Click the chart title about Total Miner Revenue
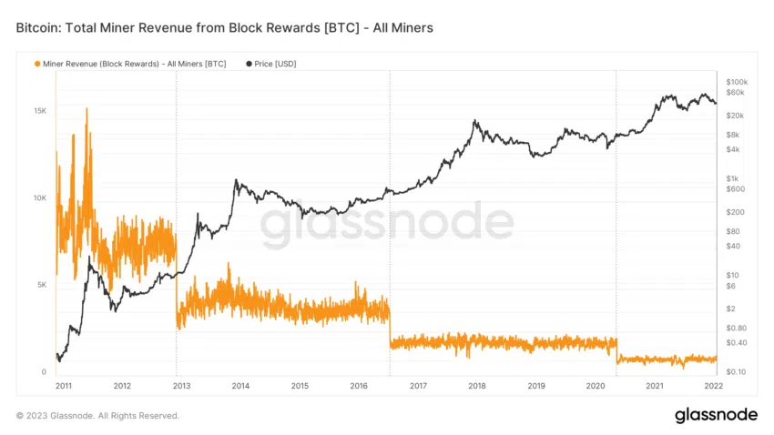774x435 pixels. [224, 28]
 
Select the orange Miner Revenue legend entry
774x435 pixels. [130, 64]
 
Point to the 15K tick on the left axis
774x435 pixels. [40, 111]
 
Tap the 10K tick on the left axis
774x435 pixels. [40, 198]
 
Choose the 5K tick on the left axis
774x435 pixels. [42, 285]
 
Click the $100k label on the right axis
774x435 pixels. [738, 82]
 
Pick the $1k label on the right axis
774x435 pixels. [734, 178]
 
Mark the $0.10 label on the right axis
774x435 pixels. [736, 372]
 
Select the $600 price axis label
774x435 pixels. [736, 189]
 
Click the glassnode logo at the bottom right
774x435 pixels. [716, 415]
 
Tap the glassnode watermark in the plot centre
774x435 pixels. [387, 225]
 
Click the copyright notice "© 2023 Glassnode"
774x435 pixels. [97, 416]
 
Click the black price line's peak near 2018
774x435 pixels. [474, 120]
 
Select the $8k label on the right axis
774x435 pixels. [734, 135]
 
